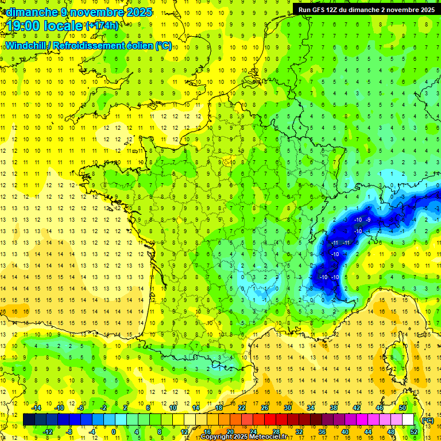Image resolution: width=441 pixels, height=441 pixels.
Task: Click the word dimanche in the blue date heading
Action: (x=29, y=11)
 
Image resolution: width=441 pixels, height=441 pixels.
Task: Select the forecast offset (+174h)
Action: (x=102, y=26)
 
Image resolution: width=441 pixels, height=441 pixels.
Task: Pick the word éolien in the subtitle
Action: (x=139, y=45)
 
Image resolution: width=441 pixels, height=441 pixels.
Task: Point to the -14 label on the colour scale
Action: (x=36, y=408)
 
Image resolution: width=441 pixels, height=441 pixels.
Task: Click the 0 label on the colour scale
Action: (x=114, y=432)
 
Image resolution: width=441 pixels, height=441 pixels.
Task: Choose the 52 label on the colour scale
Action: (x=413, y=432)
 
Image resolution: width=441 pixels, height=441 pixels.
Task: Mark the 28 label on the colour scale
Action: (x=275, y=432)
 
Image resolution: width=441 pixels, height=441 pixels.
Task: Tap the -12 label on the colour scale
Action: (x=48, y=432)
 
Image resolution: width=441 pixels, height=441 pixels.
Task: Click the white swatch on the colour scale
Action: (x=408, y=420)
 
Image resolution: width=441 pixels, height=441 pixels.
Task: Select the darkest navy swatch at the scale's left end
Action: (x=29, y=420)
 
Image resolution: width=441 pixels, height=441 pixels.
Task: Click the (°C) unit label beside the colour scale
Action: (x=427, y=420)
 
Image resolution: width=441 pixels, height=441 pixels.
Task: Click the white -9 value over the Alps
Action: (x=369, y=220)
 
